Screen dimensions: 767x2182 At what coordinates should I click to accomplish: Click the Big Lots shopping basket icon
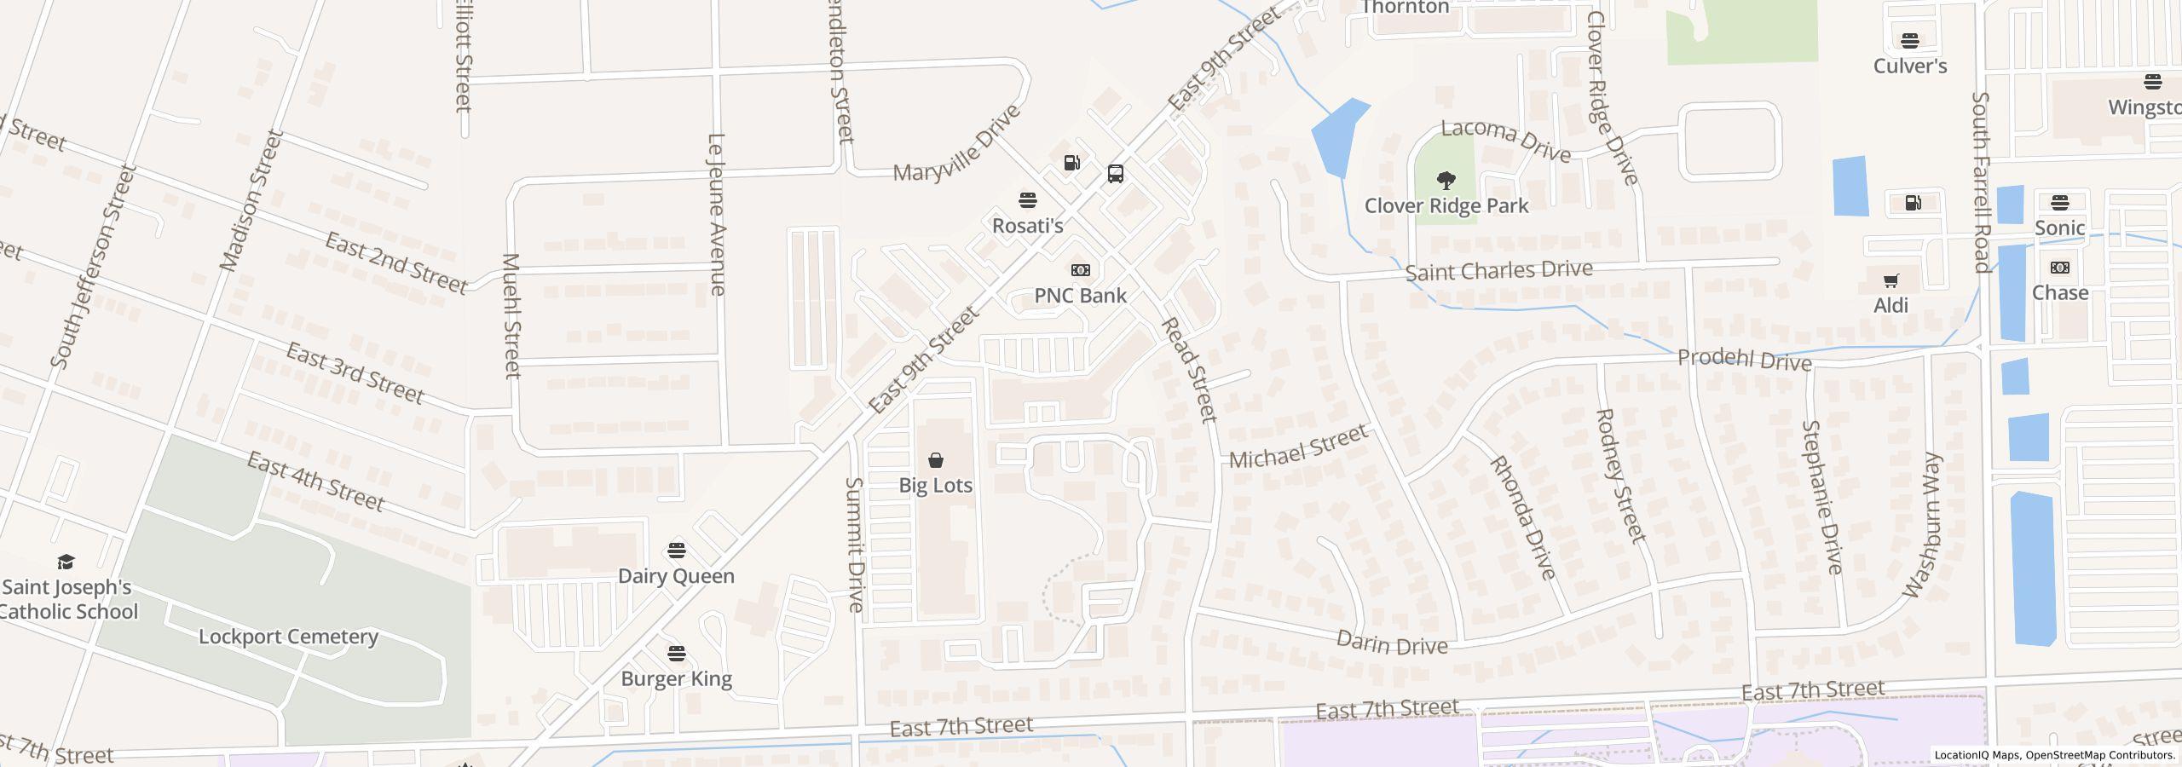click(936, 460)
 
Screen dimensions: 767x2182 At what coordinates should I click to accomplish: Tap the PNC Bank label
click(1080, 296)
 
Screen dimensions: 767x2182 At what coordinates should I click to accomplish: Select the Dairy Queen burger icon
click(677, 551)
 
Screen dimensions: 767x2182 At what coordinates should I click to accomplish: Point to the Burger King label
click(676, 679)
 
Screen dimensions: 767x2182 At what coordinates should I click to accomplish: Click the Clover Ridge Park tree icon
click(1446, 181)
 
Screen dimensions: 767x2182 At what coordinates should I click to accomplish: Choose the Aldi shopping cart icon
click(1890, 280)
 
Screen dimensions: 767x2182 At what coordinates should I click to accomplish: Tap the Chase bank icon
click(2060, 268)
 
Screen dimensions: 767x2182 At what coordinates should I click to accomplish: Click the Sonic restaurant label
click(2059, 228)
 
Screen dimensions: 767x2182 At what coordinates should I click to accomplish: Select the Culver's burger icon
click(1909, 40)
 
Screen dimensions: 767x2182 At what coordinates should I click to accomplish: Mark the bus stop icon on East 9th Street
click(1115, 174)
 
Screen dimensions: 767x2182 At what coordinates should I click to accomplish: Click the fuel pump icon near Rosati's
click(1071, 162)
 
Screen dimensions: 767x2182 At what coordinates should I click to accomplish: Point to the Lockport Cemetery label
click(288, 637)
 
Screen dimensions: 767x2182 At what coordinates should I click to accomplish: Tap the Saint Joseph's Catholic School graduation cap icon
click(66, 562)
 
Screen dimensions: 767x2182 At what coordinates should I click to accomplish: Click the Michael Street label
click(1297, 447)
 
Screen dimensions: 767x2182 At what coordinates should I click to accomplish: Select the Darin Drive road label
click(1391, 643)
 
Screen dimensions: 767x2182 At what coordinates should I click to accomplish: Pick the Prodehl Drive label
click(1744, 360)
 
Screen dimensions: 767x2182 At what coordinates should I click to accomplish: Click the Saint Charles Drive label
click(1498, 271)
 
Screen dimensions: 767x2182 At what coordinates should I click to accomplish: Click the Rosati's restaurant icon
click(1027, 200)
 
